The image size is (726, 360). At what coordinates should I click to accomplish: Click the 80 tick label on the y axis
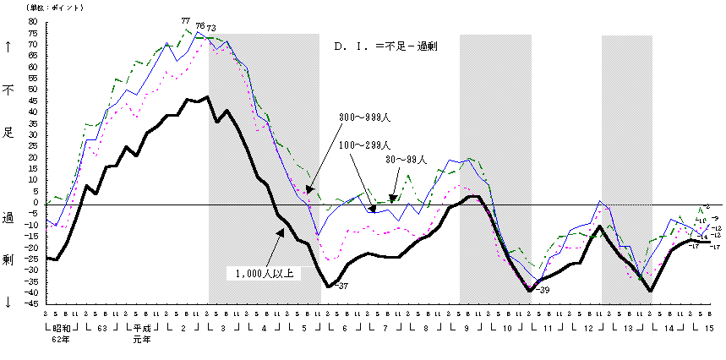point(34,21)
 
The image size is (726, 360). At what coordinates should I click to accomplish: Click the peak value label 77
point(185,21)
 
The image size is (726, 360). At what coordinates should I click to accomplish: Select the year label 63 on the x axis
point(101,327)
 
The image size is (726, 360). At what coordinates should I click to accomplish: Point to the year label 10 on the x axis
point(508,327)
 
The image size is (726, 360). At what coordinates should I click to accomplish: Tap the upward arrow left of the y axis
point(8,48)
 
